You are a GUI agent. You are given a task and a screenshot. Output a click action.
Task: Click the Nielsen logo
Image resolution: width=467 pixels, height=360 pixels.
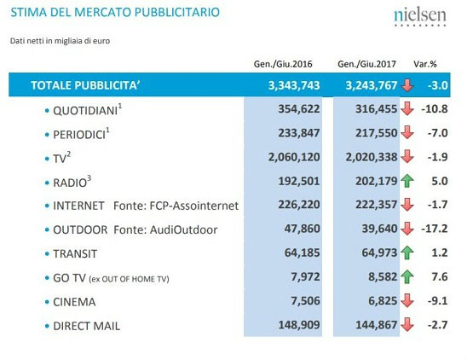(x=420, y=17)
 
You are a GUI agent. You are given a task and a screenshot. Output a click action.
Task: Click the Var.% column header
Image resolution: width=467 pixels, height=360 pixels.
(x=425, y=64)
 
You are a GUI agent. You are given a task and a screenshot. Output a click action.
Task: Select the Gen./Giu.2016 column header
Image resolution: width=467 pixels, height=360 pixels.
(x=283, y=64)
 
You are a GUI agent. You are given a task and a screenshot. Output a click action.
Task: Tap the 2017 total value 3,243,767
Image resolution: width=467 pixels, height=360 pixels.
(x=372, y=85)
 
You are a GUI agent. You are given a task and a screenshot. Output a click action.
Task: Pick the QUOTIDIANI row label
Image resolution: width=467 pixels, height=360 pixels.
(x=85, y=111)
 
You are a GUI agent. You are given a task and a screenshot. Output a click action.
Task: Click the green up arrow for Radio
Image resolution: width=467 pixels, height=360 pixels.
(x=407, y=181)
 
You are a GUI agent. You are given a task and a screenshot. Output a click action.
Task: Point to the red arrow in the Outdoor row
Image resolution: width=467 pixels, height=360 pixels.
(x=407, y=229)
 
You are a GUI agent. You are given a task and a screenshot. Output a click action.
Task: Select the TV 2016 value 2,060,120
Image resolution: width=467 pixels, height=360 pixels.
(x=294, y=157)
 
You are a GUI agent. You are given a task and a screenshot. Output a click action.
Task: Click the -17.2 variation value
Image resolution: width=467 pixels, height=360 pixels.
(x=435, y=229)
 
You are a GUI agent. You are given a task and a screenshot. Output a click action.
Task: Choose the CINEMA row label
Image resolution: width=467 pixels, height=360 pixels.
(x=74, y=302)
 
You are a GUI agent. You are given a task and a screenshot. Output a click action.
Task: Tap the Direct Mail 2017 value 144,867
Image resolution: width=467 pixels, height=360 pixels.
(x=377, y=325)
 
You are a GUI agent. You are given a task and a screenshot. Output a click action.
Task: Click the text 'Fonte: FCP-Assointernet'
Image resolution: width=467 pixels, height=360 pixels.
(x=176, y=206)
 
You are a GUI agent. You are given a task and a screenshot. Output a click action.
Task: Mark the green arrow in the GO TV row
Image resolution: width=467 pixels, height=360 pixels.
(x=407, y=276)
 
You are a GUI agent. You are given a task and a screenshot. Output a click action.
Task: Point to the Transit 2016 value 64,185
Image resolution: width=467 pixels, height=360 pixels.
(x=303, y=253)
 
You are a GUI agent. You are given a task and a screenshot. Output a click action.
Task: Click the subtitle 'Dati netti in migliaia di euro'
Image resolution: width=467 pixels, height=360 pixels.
(x=60, y=41)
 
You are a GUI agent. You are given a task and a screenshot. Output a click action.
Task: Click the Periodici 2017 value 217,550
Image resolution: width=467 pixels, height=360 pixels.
(x=377, y=133)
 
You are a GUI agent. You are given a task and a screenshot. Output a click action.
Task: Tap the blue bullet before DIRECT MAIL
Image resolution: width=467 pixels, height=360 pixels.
(x=47, y=326)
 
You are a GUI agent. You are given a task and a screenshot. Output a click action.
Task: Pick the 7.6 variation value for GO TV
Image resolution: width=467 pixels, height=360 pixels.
(x=440, y=276)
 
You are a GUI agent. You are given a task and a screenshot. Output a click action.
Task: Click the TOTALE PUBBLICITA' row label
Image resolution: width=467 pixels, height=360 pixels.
(x=85, y=85)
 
